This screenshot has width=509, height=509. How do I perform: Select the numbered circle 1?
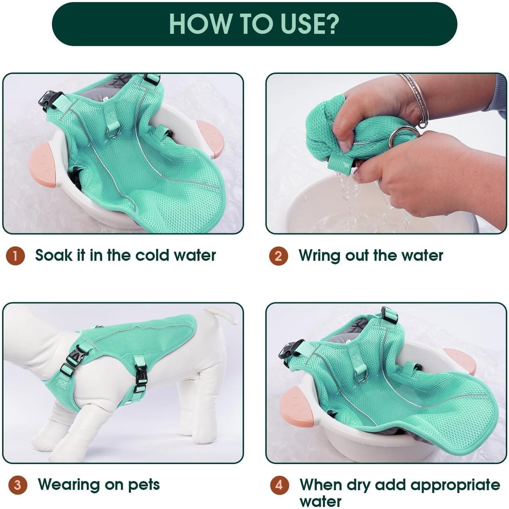click(15, 256)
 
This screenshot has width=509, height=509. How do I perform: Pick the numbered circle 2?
click(278, 256)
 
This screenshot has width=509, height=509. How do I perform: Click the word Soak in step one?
click(53, 255)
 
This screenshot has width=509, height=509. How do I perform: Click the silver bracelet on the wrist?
click(414, 100)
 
